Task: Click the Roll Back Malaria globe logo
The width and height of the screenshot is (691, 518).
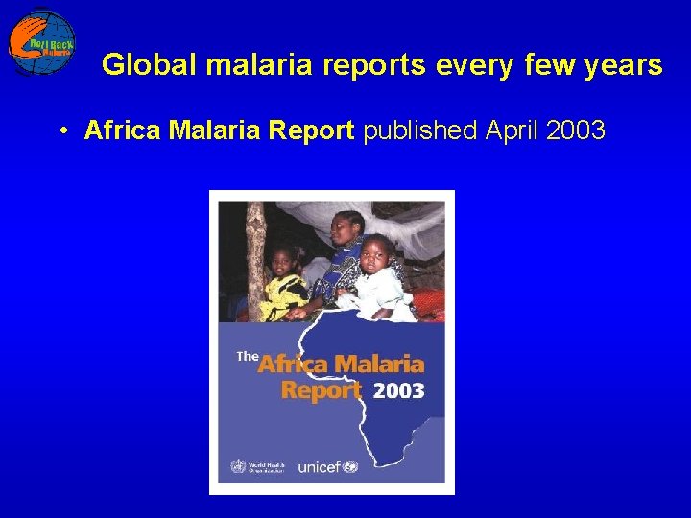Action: (42, 41)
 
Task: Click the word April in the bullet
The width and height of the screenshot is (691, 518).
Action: (512, 130)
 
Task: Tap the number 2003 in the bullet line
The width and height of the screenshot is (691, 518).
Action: (576, 130)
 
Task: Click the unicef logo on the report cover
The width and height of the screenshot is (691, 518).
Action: (327, 467)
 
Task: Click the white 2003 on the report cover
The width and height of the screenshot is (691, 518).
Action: (397, 390)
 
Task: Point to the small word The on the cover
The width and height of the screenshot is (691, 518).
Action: (247, 356)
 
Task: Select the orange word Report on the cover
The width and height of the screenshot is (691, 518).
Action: (322, 390)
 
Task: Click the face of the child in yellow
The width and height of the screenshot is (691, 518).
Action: (284, 261)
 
